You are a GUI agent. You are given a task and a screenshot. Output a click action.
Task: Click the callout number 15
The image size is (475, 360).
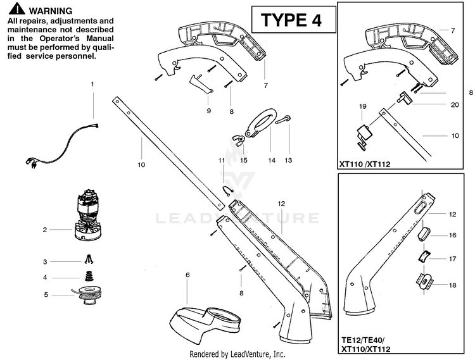(243, 161)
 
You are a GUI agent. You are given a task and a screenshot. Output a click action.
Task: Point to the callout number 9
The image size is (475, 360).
(208, 110)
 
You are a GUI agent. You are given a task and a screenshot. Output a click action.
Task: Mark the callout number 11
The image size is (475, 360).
(222, 161)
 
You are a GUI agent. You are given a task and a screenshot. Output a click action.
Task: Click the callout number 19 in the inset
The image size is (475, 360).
(363, 106)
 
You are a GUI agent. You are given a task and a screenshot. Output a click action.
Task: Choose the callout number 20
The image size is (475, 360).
(454, 105)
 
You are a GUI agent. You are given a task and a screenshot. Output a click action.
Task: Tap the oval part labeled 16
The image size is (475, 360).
(423, 234)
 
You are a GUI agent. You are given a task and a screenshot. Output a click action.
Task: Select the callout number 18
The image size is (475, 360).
(452, 285)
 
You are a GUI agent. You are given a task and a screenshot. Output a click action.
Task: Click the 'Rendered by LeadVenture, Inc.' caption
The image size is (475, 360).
(237, 354)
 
